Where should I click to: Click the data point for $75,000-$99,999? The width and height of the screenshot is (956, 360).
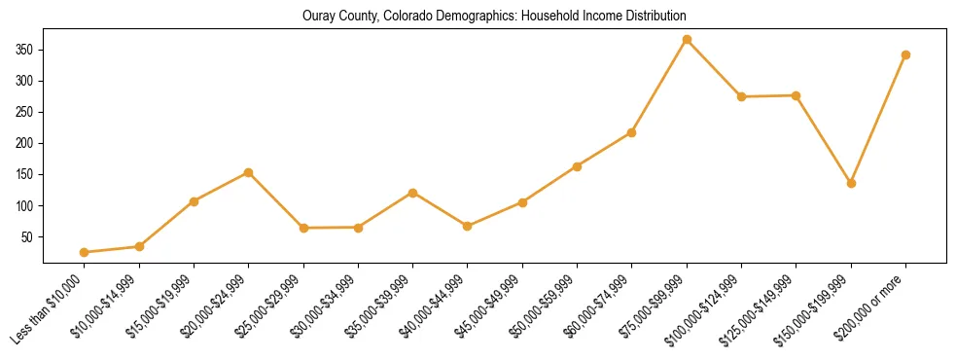click(x=687, y=40)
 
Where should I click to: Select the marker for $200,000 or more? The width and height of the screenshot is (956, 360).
click(x=905, y=54)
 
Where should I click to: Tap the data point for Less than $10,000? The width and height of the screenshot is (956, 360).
click(x=85, y=252)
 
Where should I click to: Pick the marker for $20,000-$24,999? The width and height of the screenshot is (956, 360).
click(x=249, y=172)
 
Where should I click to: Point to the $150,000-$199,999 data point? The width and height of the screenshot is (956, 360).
click(x=851, y=183)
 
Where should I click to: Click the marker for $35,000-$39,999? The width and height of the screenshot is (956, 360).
click(x=413, y=193)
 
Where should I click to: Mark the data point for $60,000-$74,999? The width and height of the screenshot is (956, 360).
click(x=632, y=132)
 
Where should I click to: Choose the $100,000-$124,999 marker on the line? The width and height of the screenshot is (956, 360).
click(x=741, y=96)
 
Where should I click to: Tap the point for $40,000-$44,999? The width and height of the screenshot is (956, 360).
click(x=468, y=226)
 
